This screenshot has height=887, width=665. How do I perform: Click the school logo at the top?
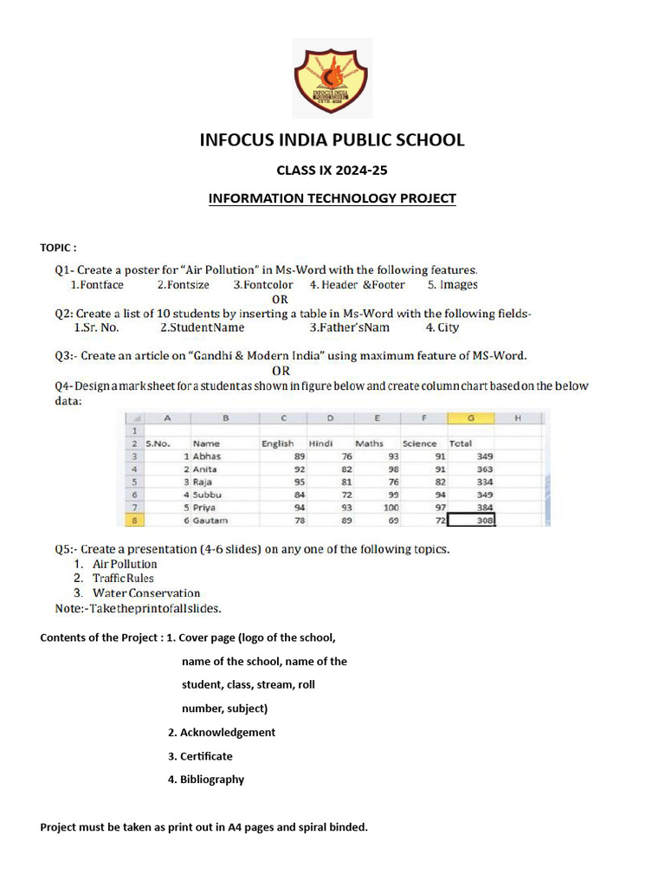coord(332,78)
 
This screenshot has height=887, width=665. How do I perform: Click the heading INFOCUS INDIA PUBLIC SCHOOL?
coord(332,139)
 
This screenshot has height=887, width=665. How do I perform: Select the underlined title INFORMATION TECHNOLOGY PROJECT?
coord(332,198)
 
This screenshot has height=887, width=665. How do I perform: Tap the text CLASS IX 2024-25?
coord(332,171)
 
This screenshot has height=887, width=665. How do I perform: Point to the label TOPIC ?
coord(59,248)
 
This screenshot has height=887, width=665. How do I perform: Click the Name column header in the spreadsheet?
coord(207,443)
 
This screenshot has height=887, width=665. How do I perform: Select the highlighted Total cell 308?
coord(472,520)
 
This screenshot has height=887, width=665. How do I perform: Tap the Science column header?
coord(420,443)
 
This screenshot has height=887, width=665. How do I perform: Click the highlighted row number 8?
coord(135,520)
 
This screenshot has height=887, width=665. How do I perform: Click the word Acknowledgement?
coord(228,732)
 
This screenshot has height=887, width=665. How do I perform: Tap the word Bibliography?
coord(212,779)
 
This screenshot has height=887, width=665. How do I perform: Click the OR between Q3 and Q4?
coord(281,371)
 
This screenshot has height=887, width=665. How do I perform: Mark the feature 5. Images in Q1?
coord(452,284)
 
